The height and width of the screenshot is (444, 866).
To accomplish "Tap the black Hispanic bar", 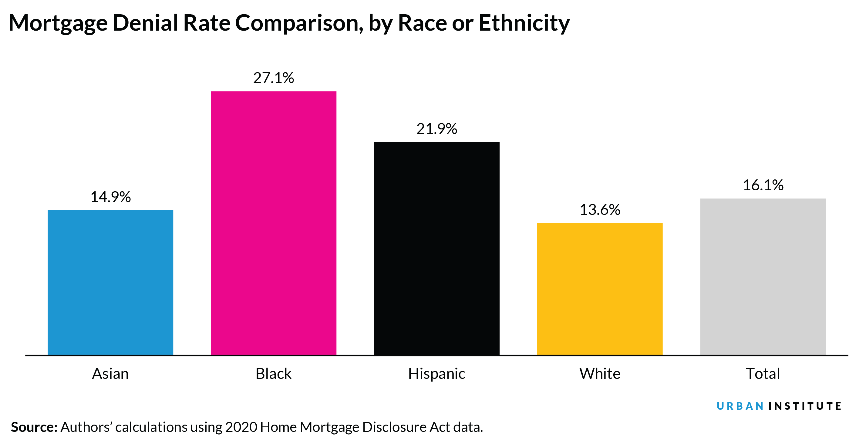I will (x=436, y=248).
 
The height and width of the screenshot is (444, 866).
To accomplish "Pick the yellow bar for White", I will (x=599, y=289).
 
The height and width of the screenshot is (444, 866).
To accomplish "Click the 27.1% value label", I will (x=273, y=78).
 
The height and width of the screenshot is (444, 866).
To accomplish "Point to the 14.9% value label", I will (x=110, y=197).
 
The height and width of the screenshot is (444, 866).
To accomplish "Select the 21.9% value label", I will (x=436, y=129).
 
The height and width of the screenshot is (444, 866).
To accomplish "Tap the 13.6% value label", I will (x=599, y=210).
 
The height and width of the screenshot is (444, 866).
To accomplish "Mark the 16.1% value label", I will (x=763, y=185).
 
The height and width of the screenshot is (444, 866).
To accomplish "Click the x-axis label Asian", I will (x=110, y=373).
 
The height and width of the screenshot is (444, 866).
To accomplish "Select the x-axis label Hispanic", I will (x=436, y=373).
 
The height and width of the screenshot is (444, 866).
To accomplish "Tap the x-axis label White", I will (x=599, y=373).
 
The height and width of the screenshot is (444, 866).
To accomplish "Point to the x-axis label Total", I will (x=763, y=373).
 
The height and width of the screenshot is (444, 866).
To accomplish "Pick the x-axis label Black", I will (x=273, y=373).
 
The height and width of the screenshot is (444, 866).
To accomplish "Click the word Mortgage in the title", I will (x=58, y=24).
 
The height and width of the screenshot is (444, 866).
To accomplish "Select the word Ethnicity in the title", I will (x=524, y=24).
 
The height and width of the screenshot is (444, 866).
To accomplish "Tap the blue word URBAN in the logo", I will (x=740, y=406).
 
